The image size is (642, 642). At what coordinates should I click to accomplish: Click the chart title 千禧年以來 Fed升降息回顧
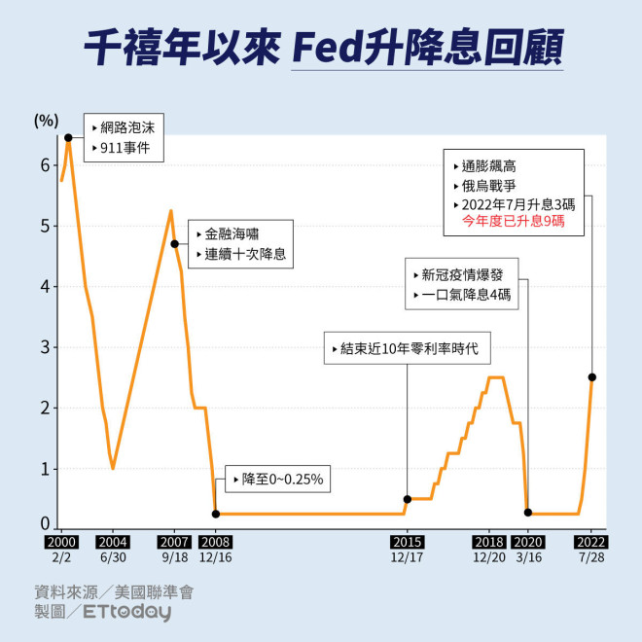click(321, 46)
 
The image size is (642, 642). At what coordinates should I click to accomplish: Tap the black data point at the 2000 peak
click(68, 137)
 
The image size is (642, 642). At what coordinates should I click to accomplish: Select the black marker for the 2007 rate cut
click(174, 244)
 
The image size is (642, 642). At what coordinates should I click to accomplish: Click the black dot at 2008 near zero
click(215, 514)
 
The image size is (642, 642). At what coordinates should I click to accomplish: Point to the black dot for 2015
click(408, 499)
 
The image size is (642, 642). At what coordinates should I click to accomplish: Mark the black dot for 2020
click(528, 512)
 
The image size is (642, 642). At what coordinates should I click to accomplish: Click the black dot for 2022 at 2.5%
click(592, 377)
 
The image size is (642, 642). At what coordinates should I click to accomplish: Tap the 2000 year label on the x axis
click(60, 543)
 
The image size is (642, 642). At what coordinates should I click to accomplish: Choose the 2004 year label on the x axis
click(113, 543)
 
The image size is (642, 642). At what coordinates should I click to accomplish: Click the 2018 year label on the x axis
click(488, 543)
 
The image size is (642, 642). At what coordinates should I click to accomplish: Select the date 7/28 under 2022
click(591, 557)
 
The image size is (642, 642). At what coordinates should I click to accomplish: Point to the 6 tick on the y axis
click(44, 165)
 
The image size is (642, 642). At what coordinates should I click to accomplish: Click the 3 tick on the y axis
click(44, 347)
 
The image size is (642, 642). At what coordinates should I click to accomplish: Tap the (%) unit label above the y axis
click(46, 121)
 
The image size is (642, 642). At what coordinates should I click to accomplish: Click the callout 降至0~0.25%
click(275, 479)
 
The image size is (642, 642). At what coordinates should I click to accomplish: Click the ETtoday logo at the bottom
click(126, 612)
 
